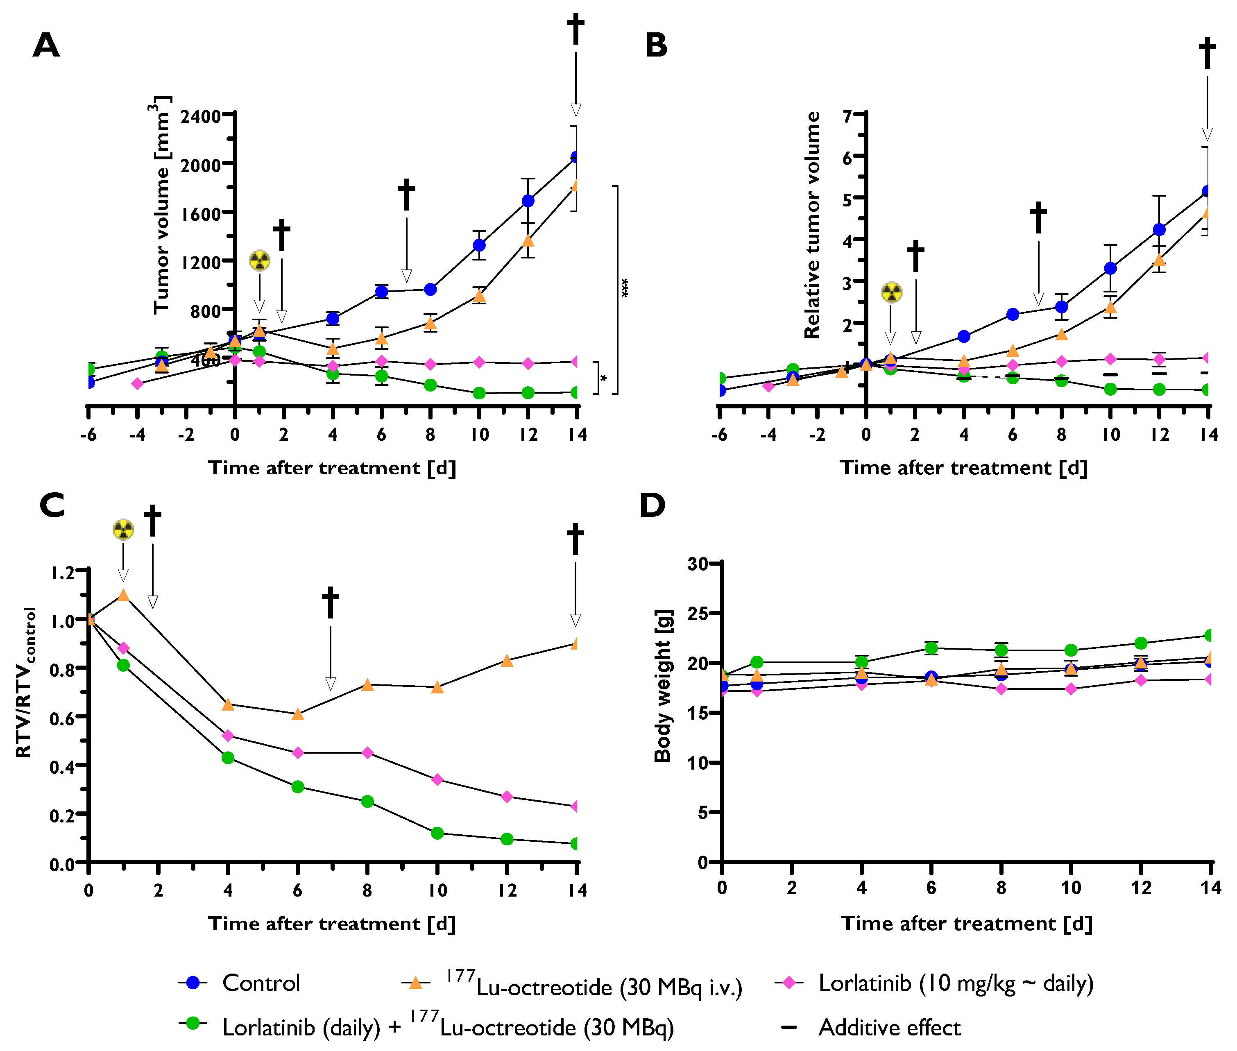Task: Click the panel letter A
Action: tap(46, 45)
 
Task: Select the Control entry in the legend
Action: tap(261, 983)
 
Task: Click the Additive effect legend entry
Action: tap(888, 1027)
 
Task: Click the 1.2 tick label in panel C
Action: tap(63, 573)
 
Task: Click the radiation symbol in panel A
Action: tap(259, 260)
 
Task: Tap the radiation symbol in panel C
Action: tap(123, 529)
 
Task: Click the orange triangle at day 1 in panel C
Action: tap(123, 595)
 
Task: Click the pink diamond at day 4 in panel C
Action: tap(228, 736)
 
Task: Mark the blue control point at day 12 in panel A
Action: tap(528, 201)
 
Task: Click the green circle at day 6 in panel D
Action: tap(931, 648)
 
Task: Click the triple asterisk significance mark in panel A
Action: tap(625, 288)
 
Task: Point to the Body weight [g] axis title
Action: tap(663, 686)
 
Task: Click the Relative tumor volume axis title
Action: tap(812, 225)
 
